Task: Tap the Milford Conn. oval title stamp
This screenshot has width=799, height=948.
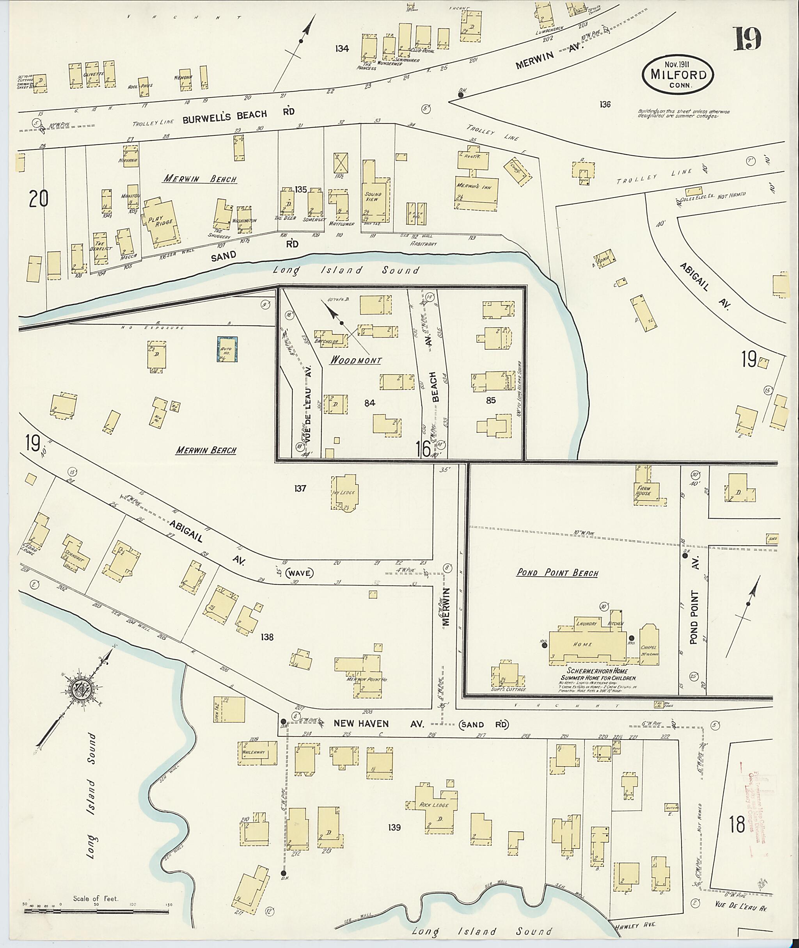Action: click(678, 75)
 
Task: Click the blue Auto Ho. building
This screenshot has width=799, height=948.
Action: click(227, 349)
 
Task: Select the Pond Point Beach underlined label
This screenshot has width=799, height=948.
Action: click(557, 573)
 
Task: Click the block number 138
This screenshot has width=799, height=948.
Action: click(267, 637)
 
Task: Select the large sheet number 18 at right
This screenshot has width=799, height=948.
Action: click(737, 824)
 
